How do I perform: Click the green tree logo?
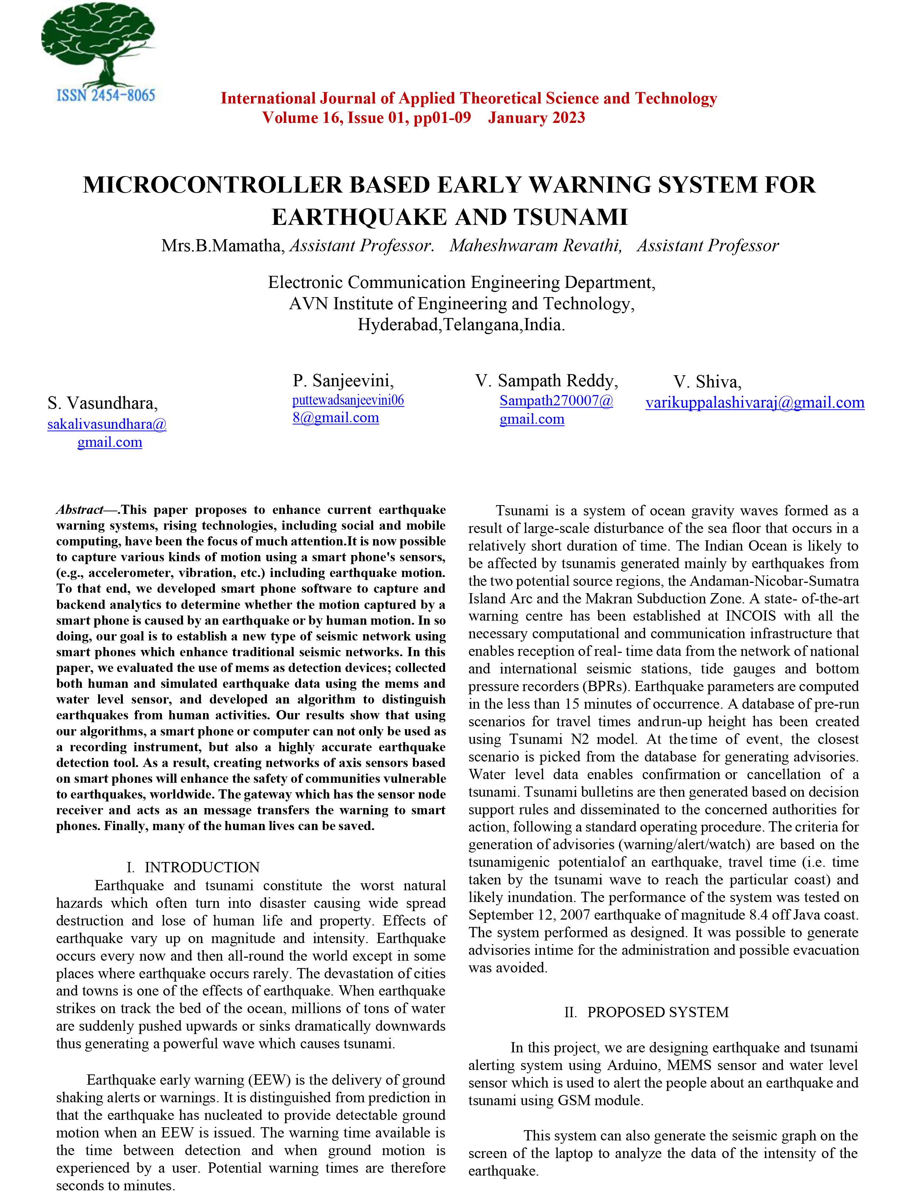pos(99,43)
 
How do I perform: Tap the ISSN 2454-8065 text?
pos(106,96)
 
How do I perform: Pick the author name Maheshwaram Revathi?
pos(535,246)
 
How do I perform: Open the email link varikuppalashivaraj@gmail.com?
pos(755,403)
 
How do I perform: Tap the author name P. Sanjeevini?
pos(343,381)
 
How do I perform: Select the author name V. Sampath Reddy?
pos(546,381)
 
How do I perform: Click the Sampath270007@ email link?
pos(556,401)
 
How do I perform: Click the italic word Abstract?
pos(80,510)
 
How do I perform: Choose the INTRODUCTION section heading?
pos(202,868)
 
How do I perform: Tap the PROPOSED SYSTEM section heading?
pos(658,1012)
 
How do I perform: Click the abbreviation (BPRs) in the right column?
pos(606,687)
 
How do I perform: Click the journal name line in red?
pos(469,99)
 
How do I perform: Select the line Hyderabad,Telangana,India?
pos(461,325)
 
